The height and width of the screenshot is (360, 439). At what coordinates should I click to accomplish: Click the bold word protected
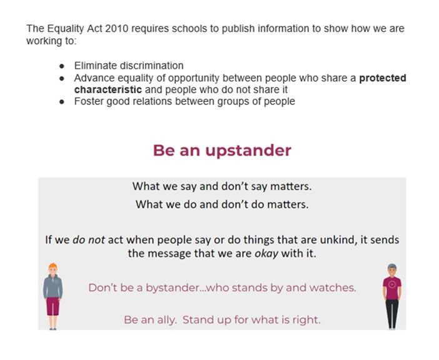coord(383,78)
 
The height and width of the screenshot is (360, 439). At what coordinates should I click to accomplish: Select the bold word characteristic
coord(108,90)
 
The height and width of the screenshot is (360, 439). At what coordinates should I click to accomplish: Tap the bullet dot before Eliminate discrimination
coord(62,66)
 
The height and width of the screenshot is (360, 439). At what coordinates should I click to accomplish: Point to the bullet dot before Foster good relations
coord(62,101)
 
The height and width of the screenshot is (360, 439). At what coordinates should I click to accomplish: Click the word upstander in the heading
coord(248,151)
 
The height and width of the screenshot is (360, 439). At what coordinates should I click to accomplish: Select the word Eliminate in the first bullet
coord(96,66)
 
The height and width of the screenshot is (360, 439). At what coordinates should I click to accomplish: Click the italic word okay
coord(266,254)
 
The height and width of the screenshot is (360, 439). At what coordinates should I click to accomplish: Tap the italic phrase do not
coord(89,240)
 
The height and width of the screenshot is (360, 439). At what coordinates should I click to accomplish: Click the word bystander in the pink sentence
coord(172,288)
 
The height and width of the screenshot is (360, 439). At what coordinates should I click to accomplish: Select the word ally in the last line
coord(167,320)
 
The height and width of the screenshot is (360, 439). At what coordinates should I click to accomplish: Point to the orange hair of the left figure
coord(53,266)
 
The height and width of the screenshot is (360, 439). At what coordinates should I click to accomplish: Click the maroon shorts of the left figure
coord(53,307)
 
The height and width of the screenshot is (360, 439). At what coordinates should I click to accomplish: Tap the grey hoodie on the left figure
coord(53,286)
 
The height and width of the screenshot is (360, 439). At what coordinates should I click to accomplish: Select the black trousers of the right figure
coord(392,313)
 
